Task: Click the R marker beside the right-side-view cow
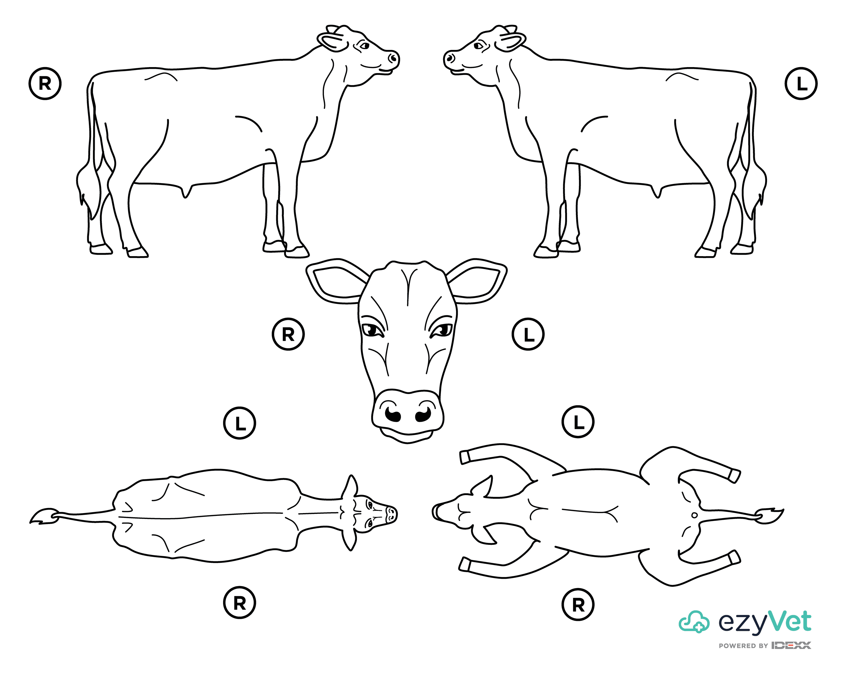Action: click(45, 84)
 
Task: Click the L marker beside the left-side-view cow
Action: click(801, 84)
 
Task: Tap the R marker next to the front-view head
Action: click(288, 334)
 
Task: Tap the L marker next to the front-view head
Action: click(528, 334)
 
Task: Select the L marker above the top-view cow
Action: click(239, 423)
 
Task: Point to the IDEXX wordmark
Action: click(791, 645)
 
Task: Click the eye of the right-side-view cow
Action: click(364, 46)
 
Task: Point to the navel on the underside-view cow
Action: click(694, 515)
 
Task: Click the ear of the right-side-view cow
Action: click(332, 41)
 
